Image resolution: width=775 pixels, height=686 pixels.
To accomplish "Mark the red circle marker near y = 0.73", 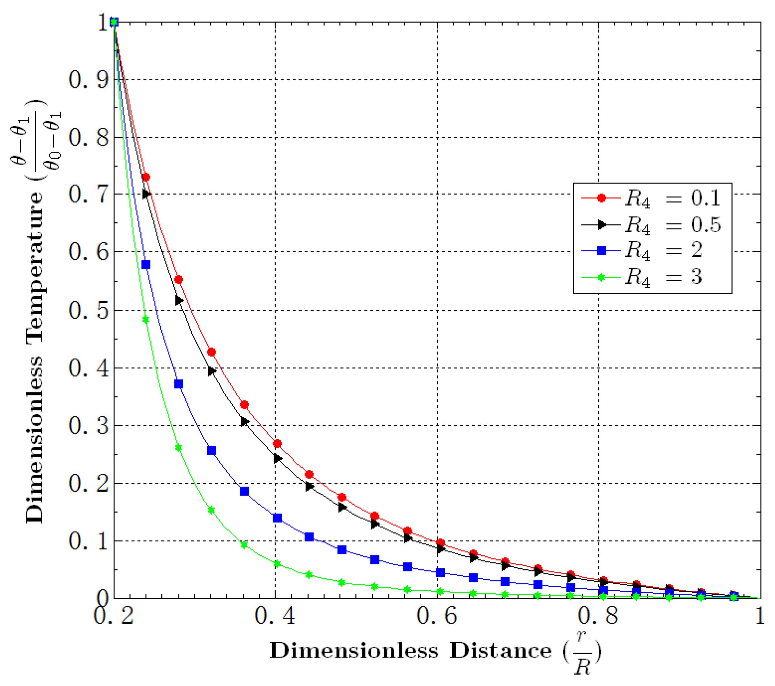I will click(x=146, y=177).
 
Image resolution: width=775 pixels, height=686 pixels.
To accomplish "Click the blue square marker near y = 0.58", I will click(x=146, y=265).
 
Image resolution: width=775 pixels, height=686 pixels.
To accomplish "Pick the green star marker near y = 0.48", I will click(x=146, y=320).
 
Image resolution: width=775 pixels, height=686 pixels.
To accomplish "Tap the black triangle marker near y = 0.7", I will click(x=146, y=194).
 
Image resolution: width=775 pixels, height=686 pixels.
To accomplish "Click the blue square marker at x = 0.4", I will click(x=277, y=518).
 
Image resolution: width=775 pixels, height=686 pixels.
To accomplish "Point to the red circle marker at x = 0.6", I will click(x=440, y=543).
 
